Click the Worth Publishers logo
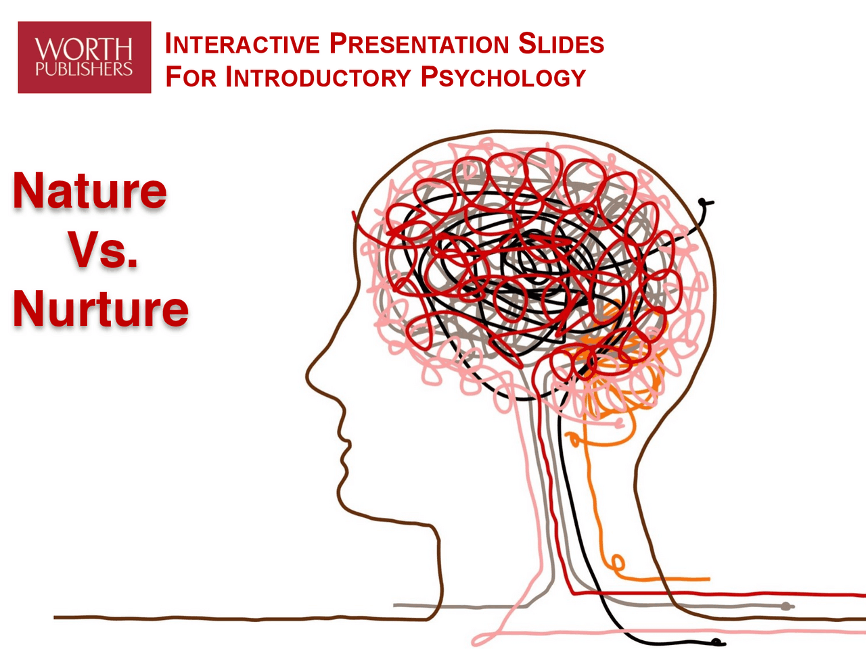click(85, 57)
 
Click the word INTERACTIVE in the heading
click(242, 45)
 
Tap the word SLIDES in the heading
click(561, 45)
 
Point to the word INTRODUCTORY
click(318, 77)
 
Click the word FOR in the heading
click(191, 77)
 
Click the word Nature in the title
click(90, 191)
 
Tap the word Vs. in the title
click(103, 250)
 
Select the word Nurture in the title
click(101, 308)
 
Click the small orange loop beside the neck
click(617, 562)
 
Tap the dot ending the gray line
click(786, 606)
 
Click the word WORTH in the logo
click(84, 49)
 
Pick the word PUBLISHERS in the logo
click(84, 69)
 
